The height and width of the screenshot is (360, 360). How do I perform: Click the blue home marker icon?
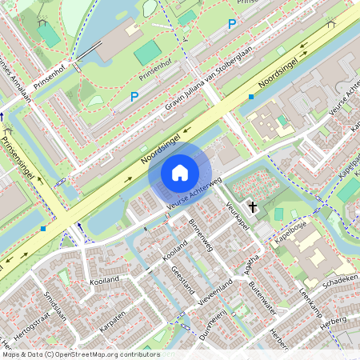[x=180, y=172]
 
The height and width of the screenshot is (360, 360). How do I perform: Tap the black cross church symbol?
[x=253, y=207]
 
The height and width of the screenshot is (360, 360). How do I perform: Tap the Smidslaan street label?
[x=58, y=306]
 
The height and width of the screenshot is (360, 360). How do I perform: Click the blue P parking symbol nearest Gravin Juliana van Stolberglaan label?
[x=134, y=97]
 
